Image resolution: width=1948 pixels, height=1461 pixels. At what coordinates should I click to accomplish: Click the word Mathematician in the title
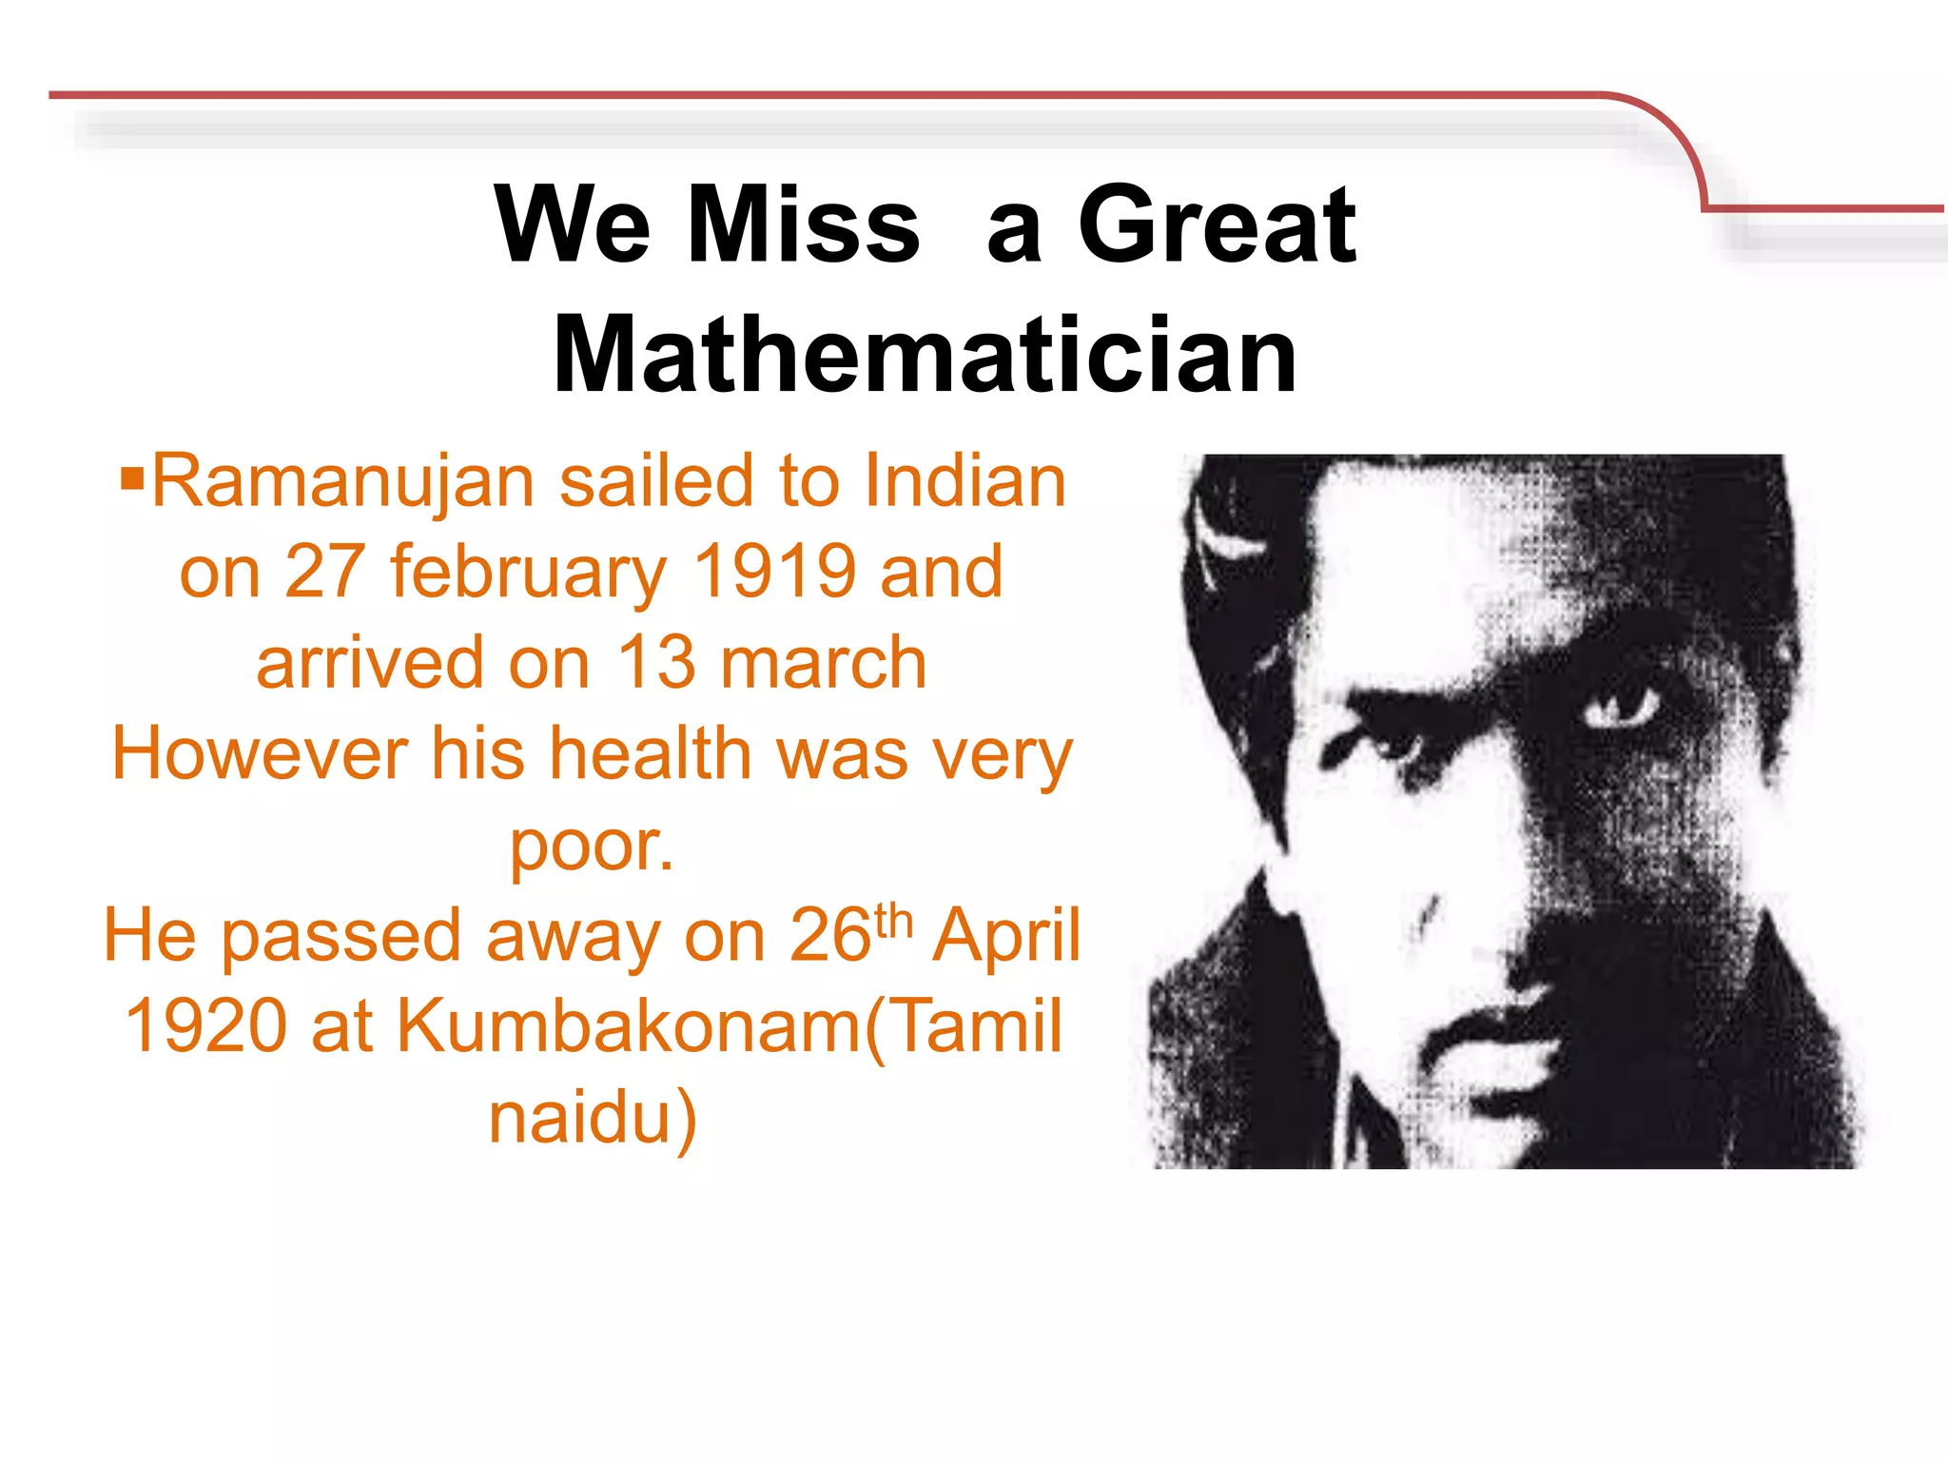[925, 355]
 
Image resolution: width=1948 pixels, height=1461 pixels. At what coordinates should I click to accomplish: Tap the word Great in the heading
[1217, 225]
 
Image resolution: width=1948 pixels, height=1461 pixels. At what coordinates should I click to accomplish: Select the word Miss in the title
[803, 225]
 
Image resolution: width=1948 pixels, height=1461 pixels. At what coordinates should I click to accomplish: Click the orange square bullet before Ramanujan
[132, 474]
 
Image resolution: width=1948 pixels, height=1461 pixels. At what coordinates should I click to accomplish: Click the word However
[260, 753]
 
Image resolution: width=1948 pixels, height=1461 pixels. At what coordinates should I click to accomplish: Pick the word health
[653, 753]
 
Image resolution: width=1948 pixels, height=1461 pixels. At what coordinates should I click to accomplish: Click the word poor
[591, 846]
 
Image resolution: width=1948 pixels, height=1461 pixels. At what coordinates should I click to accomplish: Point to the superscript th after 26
[893, 920]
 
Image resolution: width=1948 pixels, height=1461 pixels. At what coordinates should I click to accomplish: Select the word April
[1006, 936]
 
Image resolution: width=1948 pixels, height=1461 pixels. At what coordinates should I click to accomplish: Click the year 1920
[205, 1026]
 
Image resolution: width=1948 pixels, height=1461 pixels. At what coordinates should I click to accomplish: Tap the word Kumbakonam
[628, 1026]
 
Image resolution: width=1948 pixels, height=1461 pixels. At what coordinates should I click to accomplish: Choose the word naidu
[592, 1118]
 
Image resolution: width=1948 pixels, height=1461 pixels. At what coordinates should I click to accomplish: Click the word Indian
[965, 481]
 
